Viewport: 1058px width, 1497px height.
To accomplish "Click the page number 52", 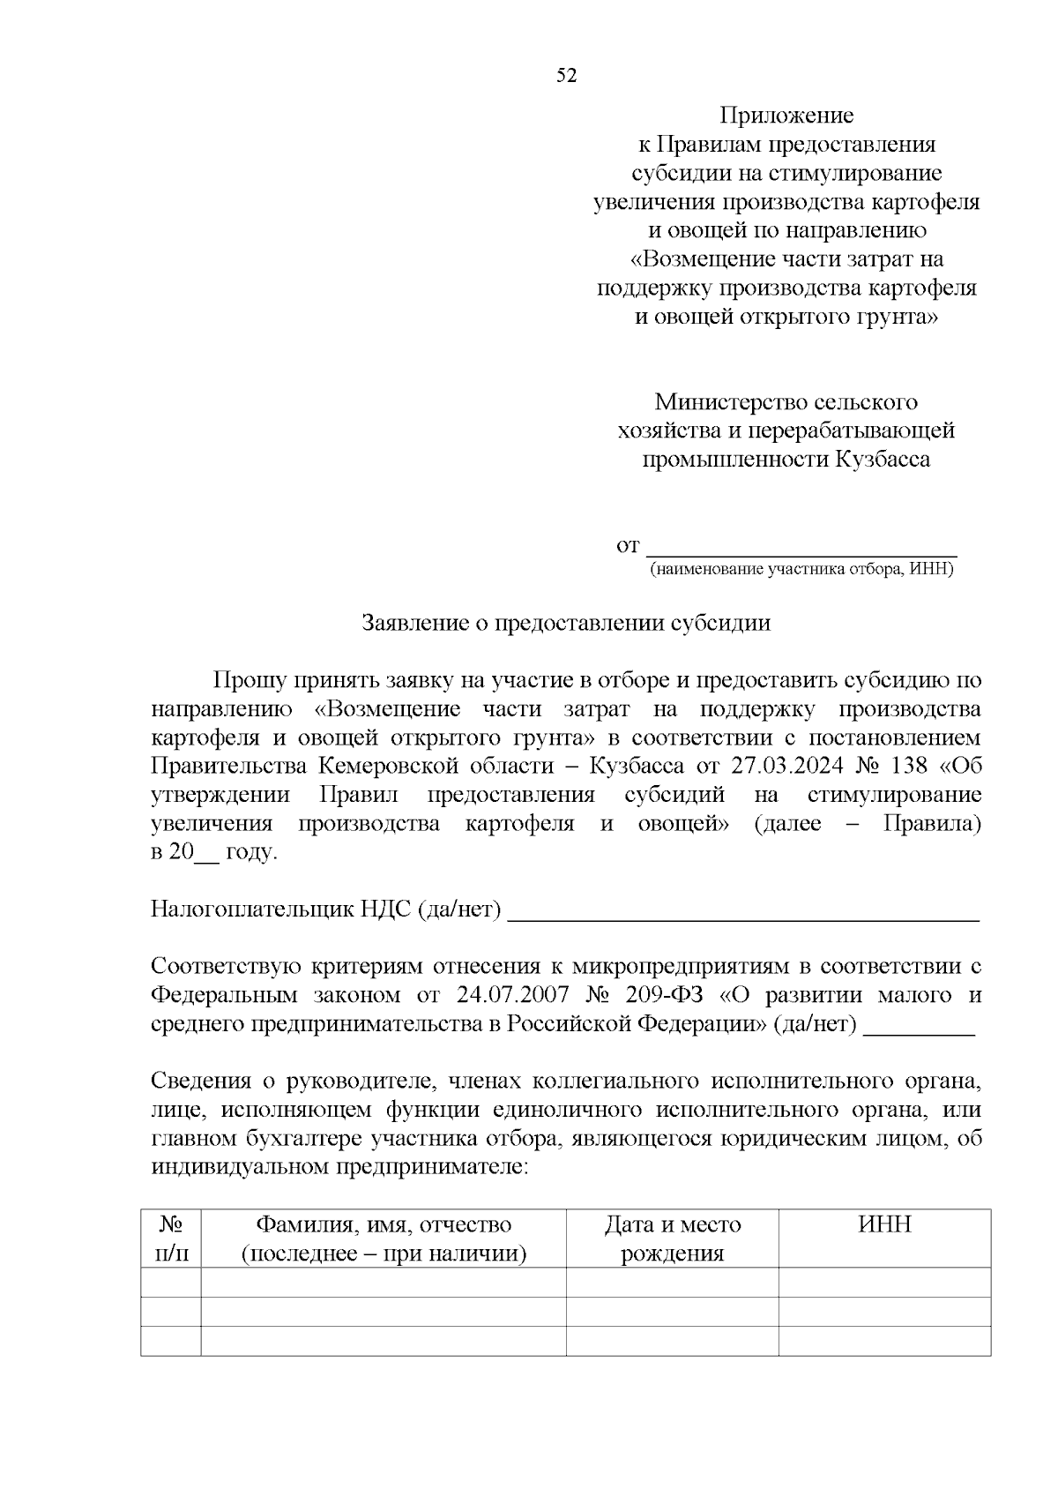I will point(566,76).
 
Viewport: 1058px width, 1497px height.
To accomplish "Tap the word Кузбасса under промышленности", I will point(882,460).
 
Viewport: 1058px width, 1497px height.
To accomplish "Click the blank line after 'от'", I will point(801,547).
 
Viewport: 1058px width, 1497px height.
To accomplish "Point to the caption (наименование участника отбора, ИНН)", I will point(801,569).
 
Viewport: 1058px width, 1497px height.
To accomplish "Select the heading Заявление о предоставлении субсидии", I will point(566,623).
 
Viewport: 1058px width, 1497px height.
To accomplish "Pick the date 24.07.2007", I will point(513,995).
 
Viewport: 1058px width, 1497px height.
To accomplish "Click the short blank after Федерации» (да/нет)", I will point(919,1027).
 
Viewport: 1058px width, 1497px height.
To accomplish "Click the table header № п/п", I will point(171,1239).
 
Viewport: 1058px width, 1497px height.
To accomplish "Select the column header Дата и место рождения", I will point(672,1239).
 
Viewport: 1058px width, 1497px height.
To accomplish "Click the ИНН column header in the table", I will point(884,1224).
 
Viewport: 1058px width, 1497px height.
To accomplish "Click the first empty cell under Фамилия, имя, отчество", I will point(383,1283).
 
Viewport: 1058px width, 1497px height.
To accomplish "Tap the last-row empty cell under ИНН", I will point(884,1341).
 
